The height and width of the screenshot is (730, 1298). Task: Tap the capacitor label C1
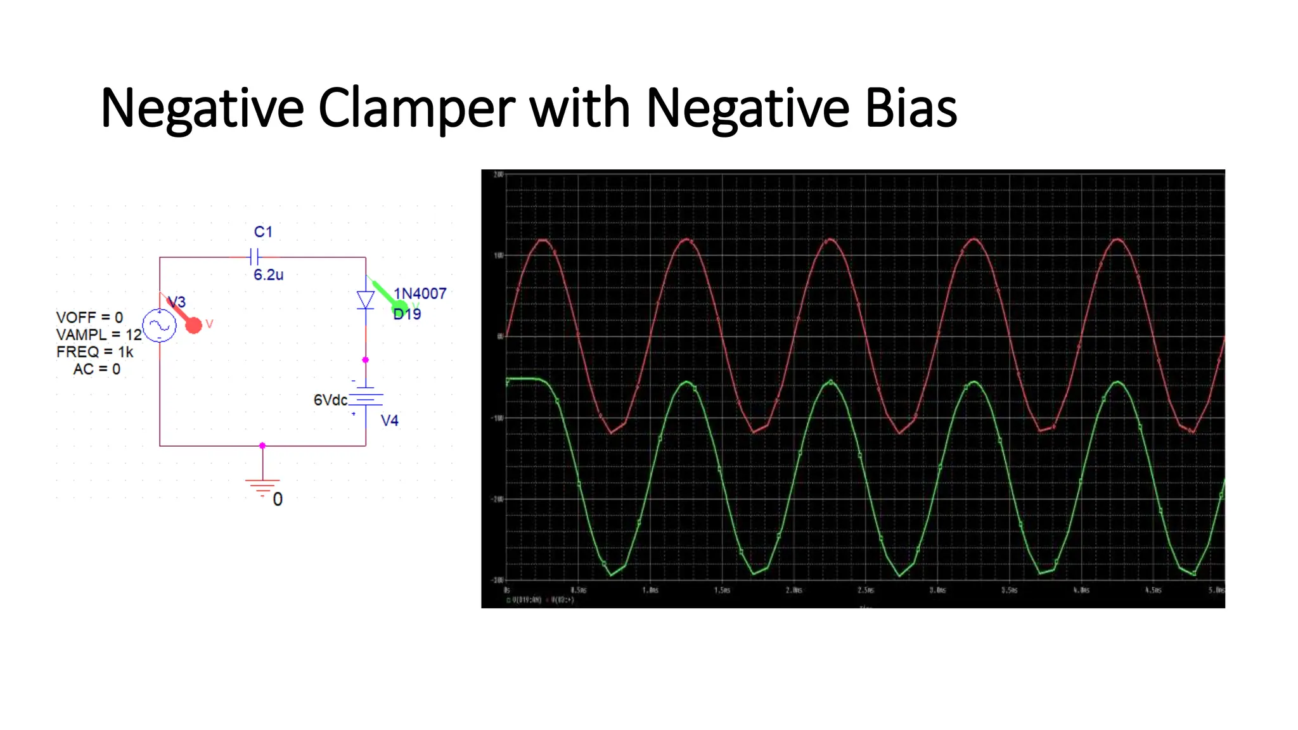[263, 232]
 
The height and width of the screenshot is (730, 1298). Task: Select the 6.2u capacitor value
[268, 275]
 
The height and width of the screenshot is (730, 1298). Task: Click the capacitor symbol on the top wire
[255, 257]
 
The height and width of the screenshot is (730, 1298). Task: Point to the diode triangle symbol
[366, 300]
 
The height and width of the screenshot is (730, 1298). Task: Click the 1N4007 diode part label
[420, 293]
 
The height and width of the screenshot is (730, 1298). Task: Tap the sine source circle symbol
[159, 326]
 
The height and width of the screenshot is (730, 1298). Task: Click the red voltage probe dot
[193, 325]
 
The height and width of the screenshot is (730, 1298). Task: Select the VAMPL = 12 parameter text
[99, 335]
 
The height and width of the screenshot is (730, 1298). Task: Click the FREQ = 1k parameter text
[95, 352]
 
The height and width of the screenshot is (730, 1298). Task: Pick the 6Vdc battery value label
[330, 400]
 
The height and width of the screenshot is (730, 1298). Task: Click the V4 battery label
[389, 421]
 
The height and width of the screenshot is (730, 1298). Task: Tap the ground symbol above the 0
[262, 486]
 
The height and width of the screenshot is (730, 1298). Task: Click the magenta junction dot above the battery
[365, 360]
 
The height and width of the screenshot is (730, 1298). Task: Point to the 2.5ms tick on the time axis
[866, 590]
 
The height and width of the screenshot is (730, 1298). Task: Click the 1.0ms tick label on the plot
[650, 590]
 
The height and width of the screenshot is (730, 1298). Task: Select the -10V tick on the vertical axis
[498, 418]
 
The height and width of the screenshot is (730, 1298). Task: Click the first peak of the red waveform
[543, 240]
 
